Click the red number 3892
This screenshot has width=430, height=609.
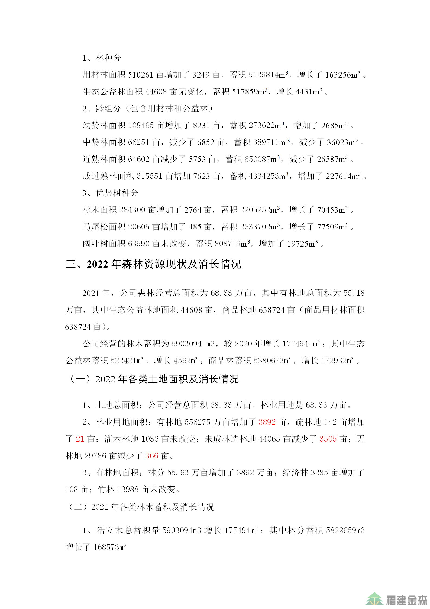click(267, 422)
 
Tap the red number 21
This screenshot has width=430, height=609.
click(80, 439)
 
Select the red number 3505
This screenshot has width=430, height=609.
click(328, 439)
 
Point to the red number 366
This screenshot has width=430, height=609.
click(151, 456)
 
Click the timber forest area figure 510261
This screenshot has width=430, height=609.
click(141, 75)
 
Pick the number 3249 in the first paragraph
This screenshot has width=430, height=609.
click(201, 75)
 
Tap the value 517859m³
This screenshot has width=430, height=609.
click(250, 92)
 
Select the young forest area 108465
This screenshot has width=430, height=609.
click(141, 125)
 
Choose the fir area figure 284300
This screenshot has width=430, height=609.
click(132, 210)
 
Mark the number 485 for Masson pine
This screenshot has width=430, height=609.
click(195, 227)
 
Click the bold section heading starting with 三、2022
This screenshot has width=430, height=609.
click(153, 264)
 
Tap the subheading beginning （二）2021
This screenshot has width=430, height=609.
click(141, 507)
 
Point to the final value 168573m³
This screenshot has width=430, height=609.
click(109, 547)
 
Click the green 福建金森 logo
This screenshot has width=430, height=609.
click(396, 598)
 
